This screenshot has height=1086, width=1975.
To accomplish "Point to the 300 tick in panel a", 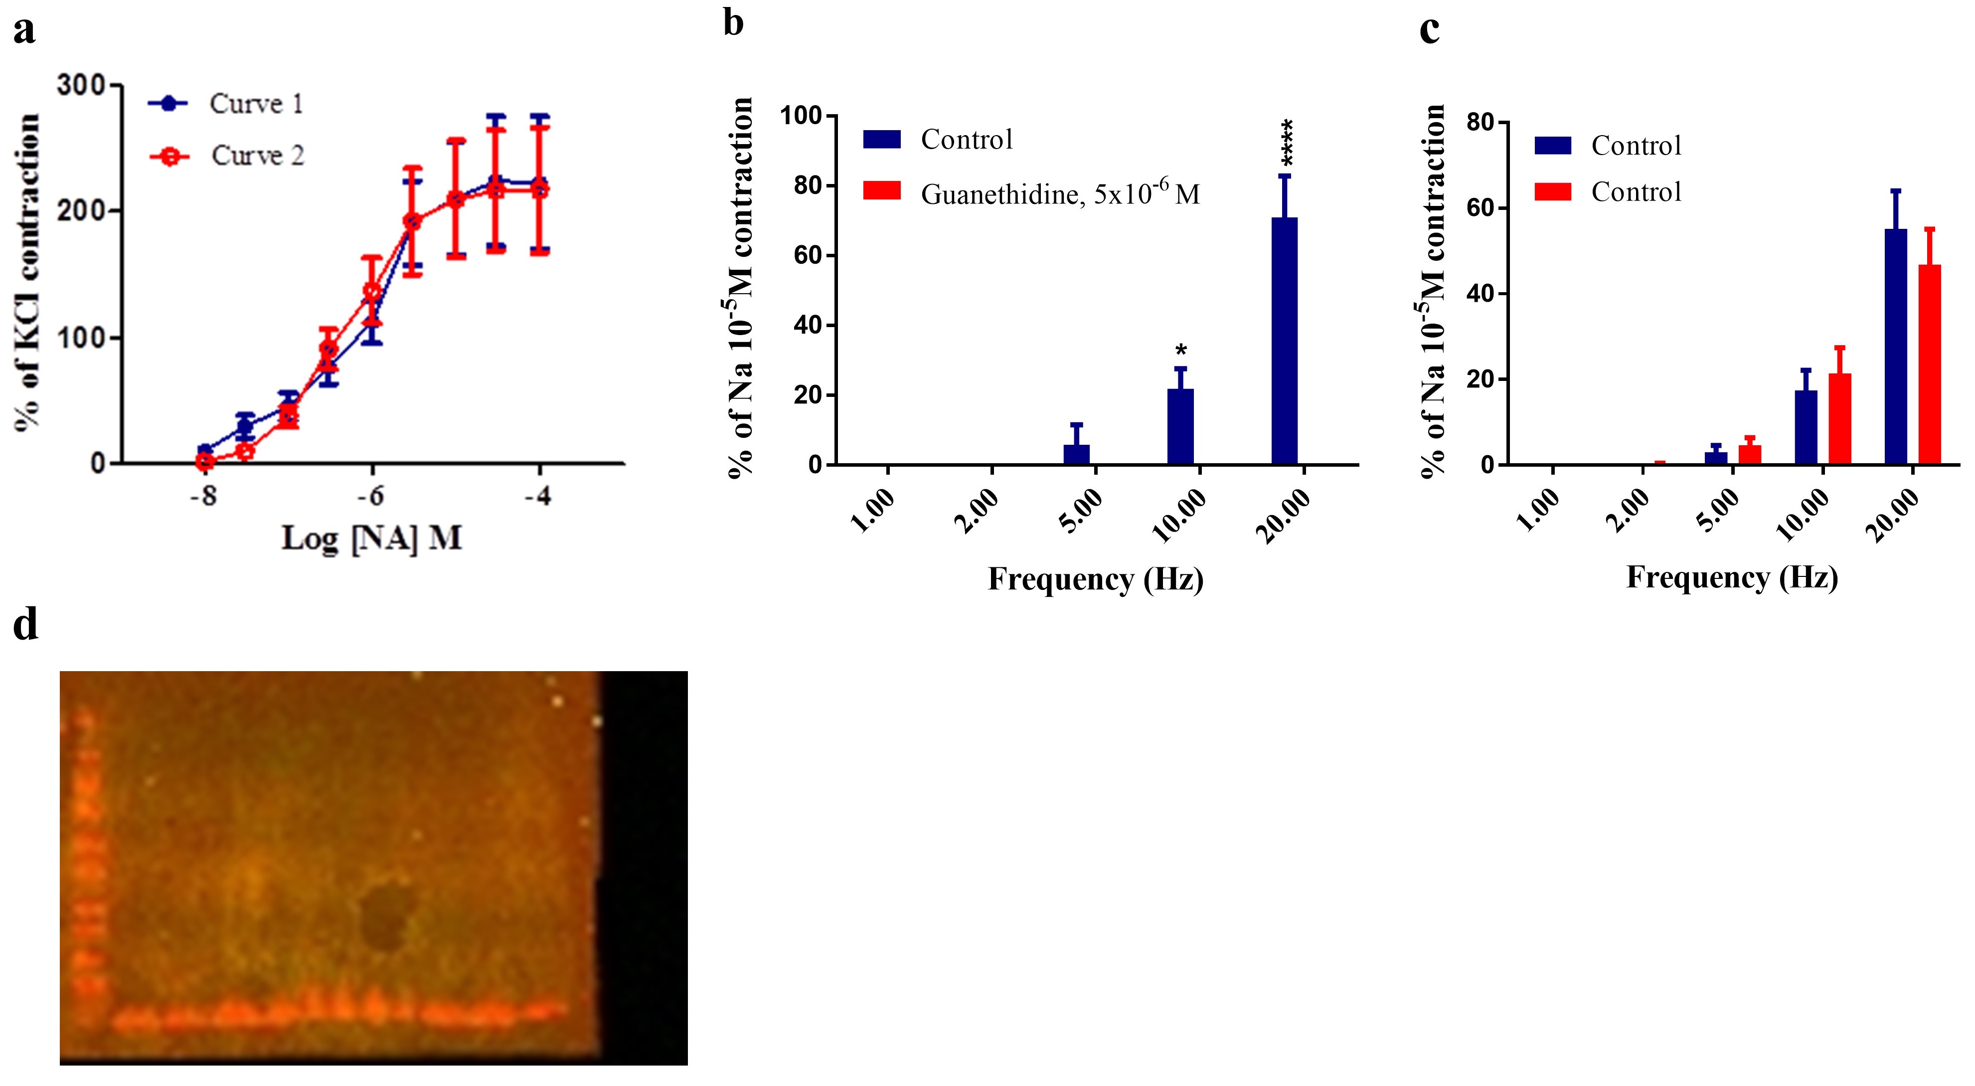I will click(x=80, y=84).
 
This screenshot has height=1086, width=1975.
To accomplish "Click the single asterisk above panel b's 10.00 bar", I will click(x=1181, y=351).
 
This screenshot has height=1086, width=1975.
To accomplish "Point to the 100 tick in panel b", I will click(x=801, y=116).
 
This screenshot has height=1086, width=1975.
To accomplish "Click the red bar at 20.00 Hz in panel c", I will click(x=1929, y=364).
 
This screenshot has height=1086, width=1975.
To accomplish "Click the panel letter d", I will click(x=25, y=625).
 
